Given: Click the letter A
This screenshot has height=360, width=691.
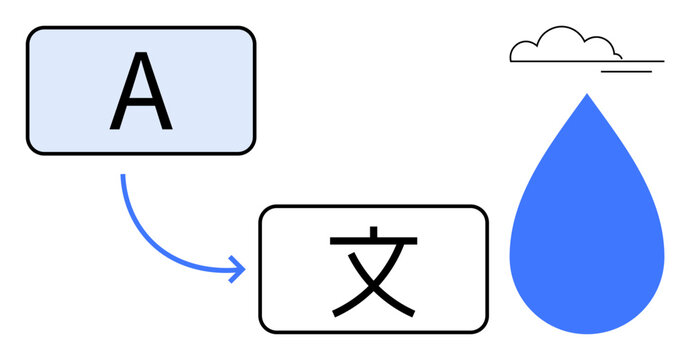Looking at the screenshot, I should pyautogui.click(x=140, y=92).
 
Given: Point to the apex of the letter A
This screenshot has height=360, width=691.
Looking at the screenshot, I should pyautogui.click(x=140, y=57).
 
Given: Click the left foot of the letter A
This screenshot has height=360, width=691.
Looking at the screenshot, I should pyautogui.click(x=115, y=128).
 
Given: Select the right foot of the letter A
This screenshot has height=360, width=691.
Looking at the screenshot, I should pyautogui.click(x=166, y=128).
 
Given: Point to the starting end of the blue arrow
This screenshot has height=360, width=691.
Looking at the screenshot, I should pyautogui.click(x=123, y=177).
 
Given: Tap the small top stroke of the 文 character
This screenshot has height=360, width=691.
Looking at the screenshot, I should pyautogui.click(x=372, y=233).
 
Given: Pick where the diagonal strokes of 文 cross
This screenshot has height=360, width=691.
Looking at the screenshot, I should pyautogui.click(x=373, y=284).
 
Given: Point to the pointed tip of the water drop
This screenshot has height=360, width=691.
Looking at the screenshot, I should pyautogui.click(x=587, y=95).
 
